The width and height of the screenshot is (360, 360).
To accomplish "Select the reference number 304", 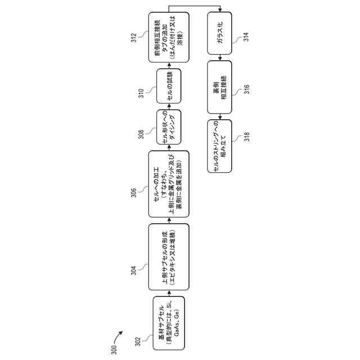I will point(133,270).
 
